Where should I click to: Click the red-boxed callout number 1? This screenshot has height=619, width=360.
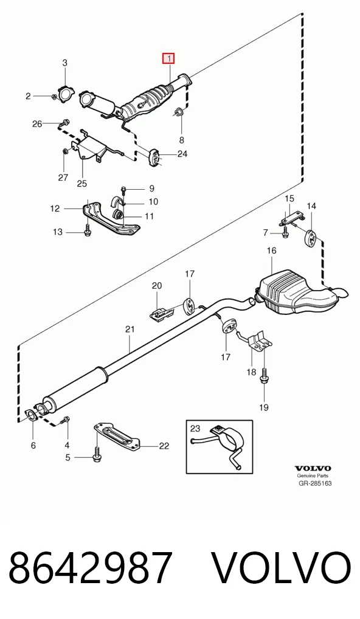[169, 59]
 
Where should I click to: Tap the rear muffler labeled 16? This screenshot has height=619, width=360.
[300, 292]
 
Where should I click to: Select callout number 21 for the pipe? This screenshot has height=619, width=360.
[130, 329]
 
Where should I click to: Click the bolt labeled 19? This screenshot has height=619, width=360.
[264, 380]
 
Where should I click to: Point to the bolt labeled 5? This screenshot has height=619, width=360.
[96, 454]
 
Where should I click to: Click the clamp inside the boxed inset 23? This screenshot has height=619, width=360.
[222, 443]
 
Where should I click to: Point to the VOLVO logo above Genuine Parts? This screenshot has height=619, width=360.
[313, 468]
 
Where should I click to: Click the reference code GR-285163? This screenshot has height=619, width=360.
[314, 483]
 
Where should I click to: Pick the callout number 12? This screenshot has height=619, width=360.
[55, 209]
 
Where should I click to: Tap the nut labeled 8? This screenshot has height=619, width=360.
[178, 112]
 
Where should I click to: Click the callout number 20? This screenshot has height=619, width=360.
[157, 285]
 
